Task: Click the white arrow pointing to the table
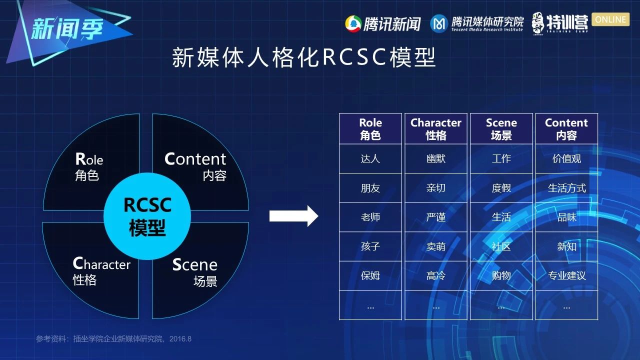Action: click(x=293, y=216)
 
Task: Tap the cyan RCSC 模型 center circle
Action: click(x=147, y=216)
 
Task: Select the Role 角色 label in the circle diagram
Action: click(x=89, y=167)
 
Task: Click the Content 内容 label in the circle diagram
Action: click(x=195, y=167)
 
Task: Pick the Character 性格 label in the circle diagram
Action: click(x=101, y=271)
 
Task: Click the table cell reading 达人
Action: click(x=370, y=158)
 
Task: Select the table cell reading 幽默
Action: click(x=435, y=158)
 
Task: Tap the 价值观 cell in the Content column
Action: click(x=566, y=158)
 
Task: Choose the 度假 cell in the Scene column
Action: click(x=501, y=188)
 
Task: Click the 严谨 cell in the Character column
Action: click(x=435, y=217)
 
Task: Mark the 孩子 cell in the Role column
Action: click(x=370, y=246)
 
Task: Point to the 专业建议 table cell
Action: click(x=566, y=275)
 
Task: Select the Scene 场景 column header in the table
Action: click(x=501, y=129)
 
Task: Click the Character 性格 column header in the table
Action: click(x=435, y=129)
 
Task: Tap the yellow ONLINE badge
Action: click(x=610, y=19)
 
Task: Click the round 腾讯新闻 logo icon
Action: click(x=353, y=24)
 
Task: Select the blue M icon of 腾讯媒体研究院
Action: click(x=439, y=23)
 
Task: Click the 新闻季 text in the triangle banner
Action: click(x=67, y=28)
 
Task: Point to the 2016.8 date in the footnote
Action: click(x=180, y=339)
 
